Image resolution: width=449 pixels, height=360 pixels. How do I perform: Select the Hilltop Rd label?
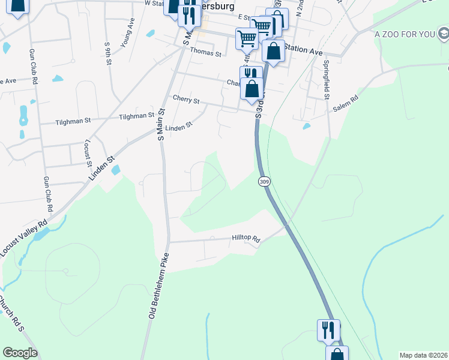(x=246, y=239)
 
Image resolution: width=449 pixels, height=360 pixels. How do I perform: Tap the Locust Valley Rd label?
(x=23, y=239)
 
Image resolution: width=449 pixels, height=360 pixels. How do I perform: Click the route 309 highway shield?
(x=264, y=181)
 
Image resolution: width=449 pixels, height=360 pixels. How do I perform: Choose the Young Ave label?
(x=127, y=35)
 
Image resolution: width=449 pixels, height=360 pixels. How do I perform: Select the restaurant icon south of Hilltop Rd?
(x=328, y=330)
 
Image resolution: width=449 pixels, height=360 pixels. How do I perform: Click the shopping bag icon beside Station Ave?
(x=273, y=52)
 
